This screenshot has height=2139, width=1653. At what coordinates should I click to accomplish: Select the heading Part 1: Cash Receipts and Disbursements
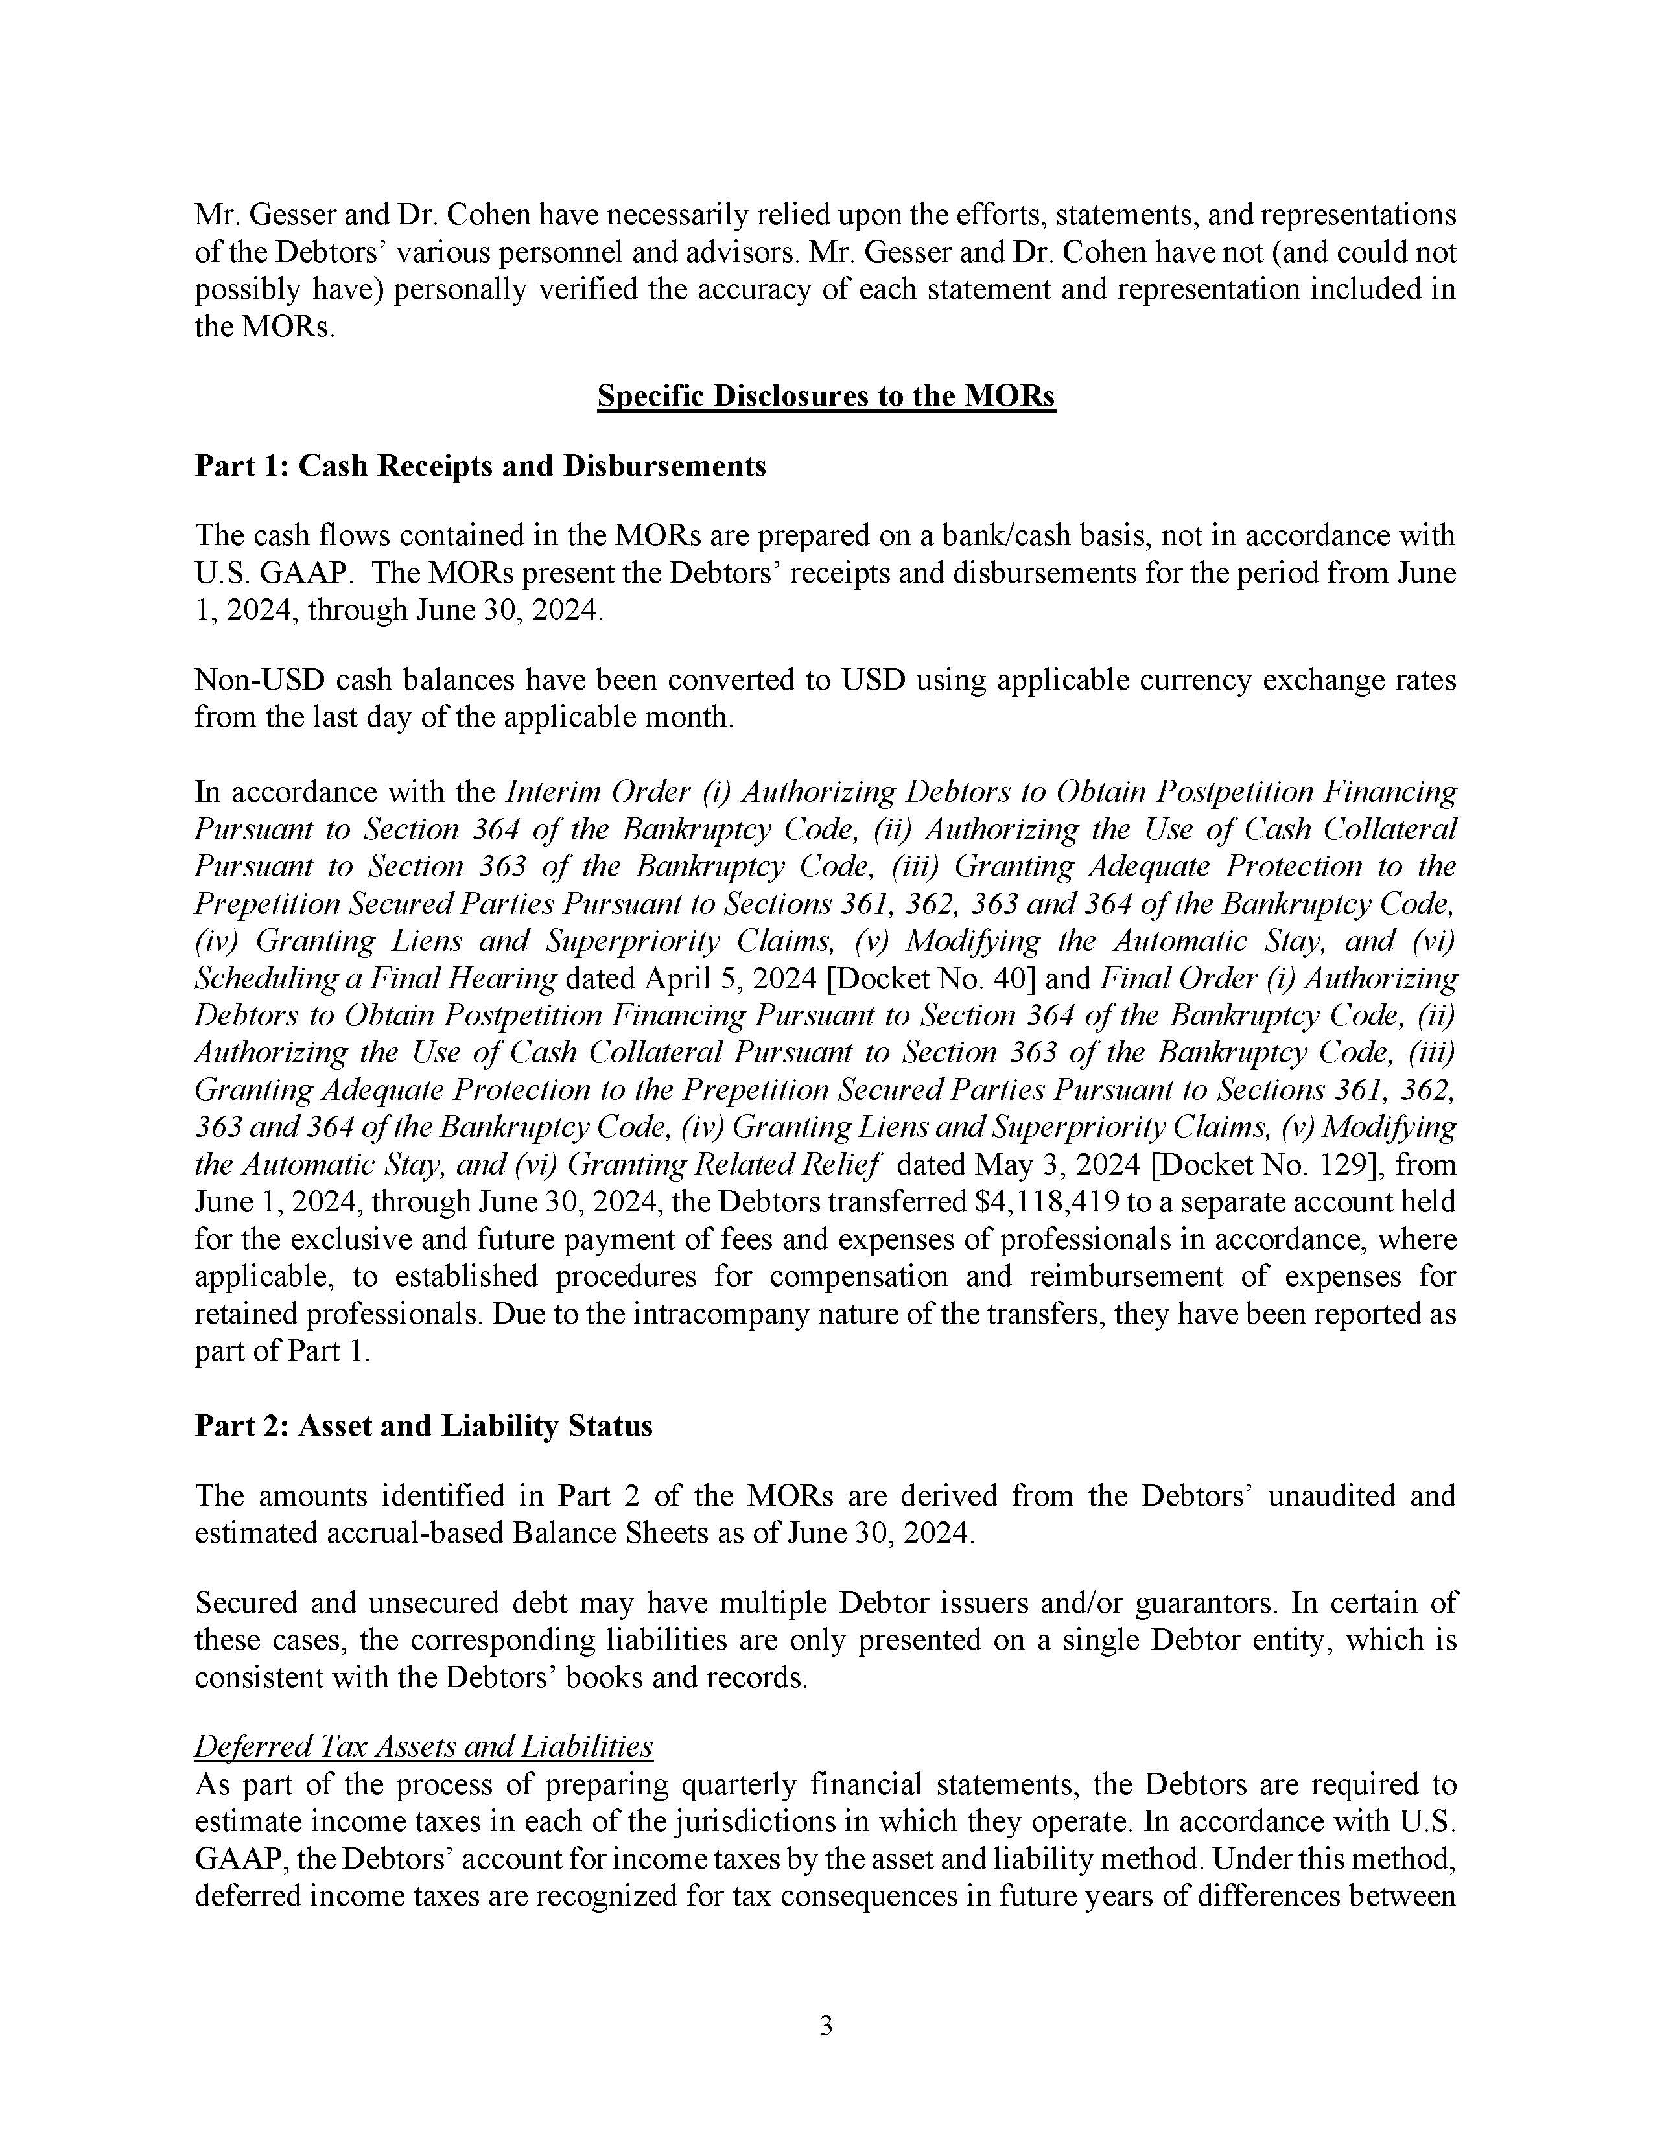pos(480,465)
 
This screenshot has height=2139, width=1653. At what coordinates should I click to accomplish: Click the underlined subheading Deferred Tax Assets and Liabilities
pos(423,1746)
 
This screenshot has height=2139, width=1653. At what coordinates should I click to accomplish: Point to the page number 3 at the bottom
pos(825,2026)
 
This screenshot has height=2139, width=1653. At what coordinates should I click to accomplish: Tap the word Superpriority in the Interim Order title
pos(621,941)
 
